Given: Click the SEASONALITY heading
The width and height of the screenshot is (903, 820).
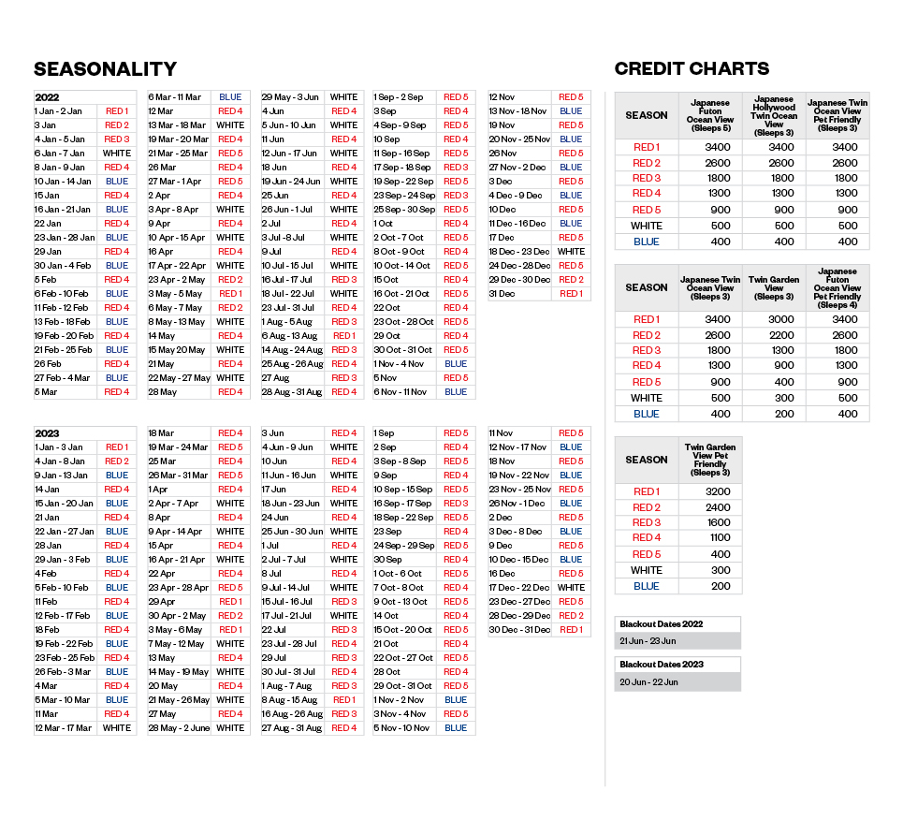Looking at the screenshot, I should (105, 69).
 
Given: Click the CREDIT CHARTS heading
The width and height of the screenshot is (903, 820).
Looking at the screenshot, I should (692, 68).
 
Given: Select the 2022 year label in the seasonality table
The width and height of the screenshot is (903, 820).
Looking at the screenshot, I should (47, 97).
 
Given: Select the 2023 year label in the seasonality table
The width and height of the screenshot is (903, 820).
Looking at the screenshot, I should (47, 433).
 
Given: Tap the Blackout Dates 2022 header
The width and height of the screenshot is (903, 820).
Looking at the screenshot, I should (661, 624).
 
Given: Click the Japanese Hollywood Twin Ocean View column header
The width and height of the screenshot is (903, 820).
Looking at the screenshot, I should (773, 115).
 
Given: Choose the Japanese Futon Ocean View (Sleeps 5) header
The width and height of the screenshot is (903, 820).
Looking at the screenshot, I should (710, 115).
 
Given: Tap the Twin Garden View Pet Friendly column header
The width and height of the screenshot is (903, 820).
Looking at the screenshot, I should (710, 460).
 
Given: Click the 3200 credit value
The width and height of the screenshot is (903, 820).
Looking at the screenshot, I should (710, 491).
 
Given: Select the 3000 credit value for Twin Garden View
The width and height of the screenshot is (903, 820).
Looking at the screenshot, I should (773, 319).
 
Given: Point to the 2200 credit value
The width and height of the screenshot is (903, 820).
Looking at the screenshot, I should (773, 335).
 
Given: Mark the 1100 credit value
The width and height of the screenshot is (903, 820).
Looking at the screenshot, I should (710, 537).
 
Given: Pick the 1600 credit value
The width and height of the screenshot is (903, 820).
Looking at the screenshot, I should (710, 522).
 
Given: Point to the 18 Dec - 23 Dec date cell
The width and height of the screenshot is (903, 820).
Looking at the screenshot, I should (518, 252).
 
